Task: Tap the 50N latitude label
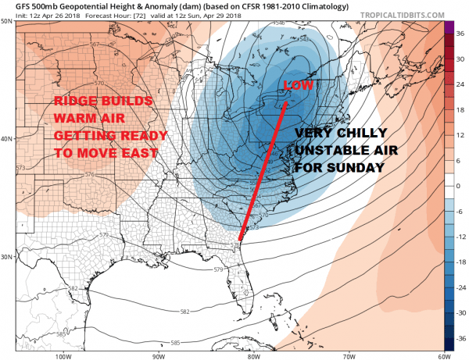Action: pos(7,21)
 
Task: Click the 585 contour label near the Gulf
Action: pos(177,342)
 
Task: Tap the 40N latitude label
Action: pos(7,139)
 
